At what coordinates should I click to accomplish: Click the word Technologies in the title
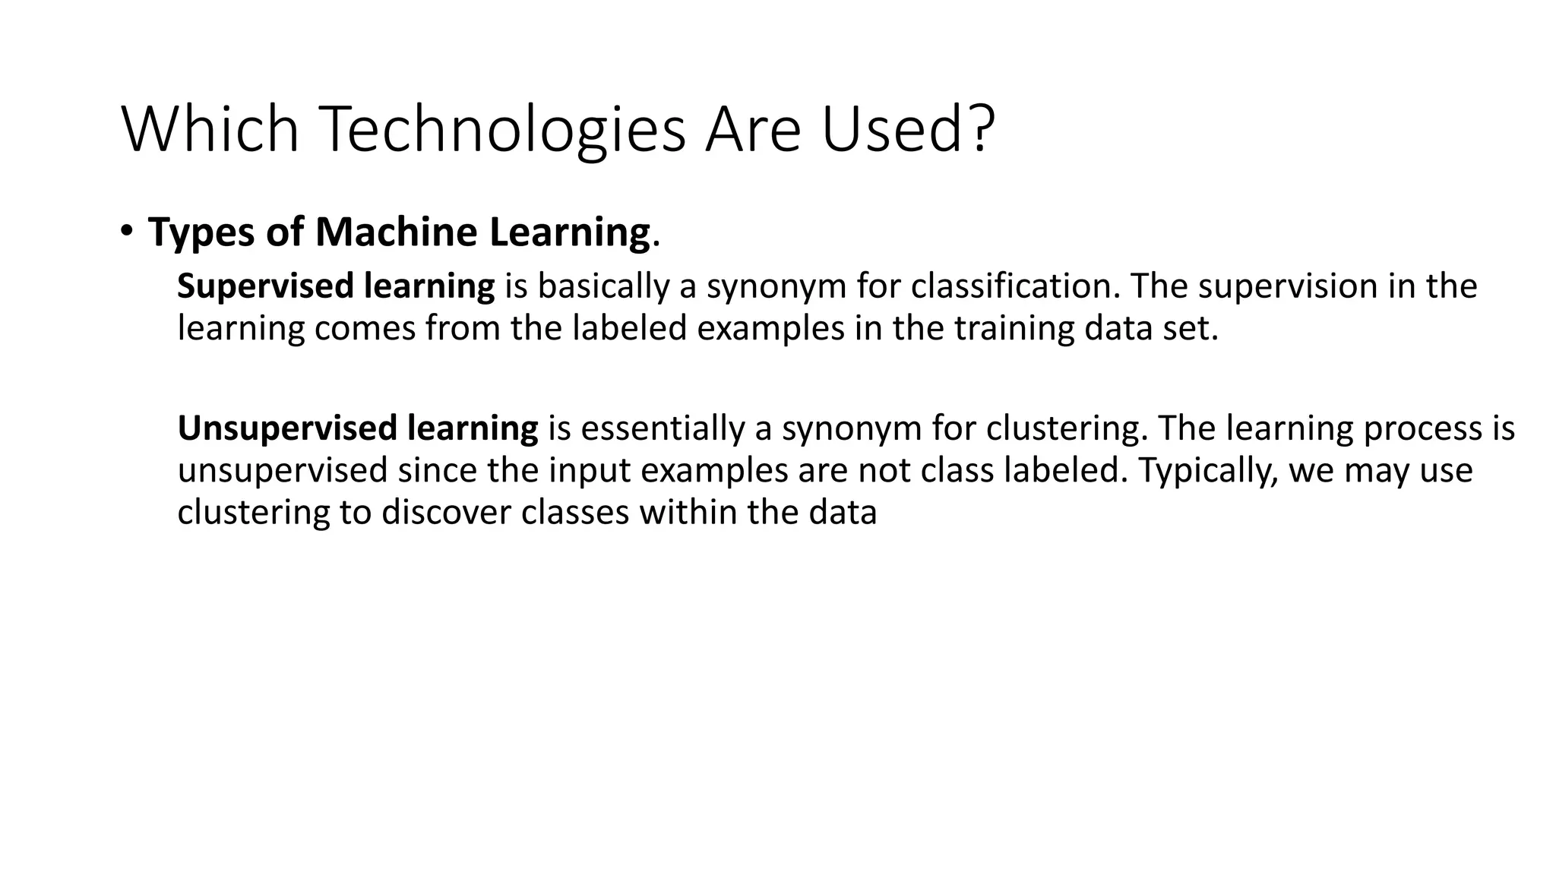[x=504, y=129]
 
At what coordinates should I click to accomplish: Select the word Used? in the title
[x=907, y=129]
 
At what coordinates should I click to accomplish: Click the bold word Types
[x=201, y=233]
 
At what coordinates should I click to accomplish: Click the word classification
[x=1015, y=286]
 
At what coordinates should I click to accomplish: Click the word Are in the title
[x=752, y=129]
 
